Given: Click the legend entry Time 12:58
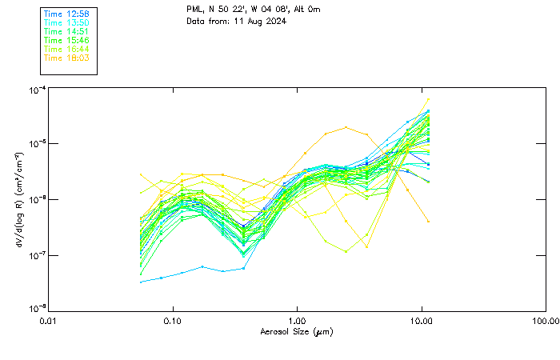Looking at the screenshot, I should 66,14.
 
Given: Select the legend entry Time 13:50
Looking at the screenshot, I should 66,23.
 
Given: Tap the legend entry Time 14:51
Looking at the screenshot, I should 66,31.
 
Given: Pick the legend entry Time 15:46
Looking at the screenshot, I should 66,40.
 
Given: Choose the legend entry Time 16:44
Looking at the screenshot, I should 66,49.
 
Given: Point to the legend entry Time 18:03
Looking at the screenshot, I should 66,58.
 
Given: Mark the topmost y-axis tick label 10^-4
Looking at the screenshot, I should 36,89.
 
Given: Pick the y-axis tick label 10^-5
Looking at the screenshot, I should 36,143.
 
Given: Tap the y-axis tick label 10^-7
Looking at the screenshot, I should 36,254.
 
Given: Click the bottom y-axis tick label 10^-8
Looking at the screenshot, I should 36,309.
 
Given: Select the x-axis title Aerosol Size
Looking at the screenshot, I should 297,331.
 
